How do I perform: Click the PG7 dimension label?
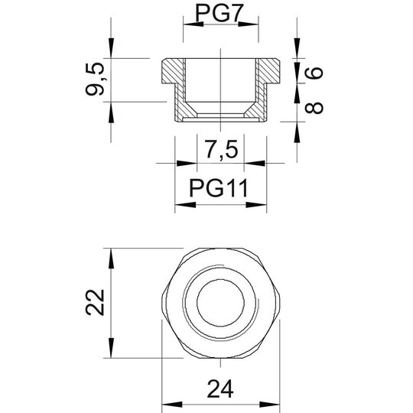click(x=218, y=14)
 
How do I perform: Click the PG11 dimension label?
click(x=218, y=188)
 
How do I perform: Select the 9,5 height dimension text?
click(x=95, y=79)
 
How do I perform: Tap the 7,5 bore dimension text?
click(x=221, y=149)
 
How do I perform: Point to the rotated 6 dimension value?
click(x=314, y=73)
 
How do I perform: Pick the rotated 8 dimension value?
click(x=314, y=108)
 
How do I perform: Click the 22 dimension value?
click(x=95, y=302)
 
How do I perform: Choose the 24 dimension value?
click(x=220, y=389)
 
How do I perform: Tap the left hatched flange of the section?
click(x=173, y=71)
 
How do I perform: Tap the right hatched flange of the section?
click(x=269, y=71)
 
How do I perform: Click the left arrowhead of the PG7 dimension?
click(x=193, y=24)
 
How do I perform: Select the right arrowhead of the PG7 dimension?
click(x=249, y=24)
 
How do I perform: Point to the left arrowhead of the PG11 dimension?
click(x=185, y=205)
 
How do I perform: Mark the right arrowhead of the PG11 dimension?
click(x=256, y=205)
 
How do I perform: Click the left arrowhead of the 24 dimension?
click(x=172, y=405)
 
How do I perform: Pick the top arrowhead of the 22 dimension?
click(x=111, y=259)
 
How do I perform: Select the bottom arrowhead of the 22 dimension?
click(x=111, y=348)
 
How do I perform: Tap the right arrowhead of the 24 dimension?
click(x=269, y=405)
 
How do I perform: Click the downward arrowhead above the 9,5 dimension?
click(x=111, y=48)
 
